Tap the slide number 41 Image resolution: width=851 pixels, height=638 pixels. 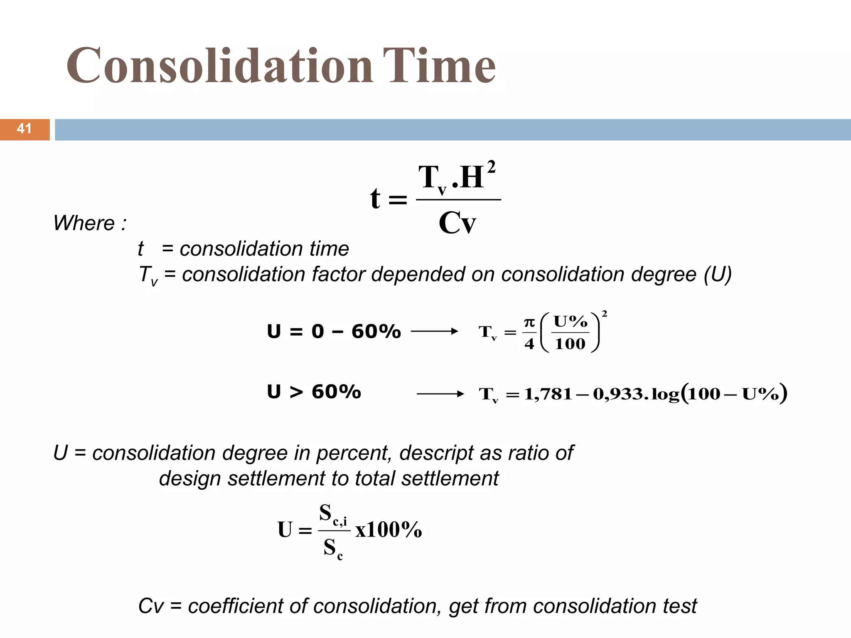pyautogui.click(x=24, y=129)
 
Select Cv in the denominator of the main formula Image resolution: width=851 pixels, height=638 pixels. pyautogui.click(x=457, y=223)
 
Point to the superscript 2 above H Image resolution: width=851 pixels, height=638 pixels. pyautogui.click(x=491, y=167)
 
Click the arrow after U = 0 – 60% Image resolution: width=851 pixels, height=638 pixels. pyautogui.click(x=434, y=331)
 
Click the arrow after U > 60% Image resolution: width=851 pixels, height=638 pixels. pyautogui.click(x=440, y=394)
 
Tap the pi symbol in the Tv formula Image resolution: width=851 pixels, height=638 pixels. pyautogui.click(x=529, y=322)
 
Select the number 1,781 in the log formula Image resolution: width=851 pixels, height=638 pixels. pyautogui.click(x=548, y=394)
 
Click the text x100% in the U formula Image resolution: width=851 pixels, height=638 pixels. pyautogui.click(x=389, y=530)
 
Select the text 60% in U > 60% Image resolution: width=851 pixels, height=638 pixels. pyautogui.click(x=336, y=392)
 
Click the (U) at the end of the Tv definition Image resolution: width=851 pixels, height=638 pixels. pyautogui.click(x=718, y=275)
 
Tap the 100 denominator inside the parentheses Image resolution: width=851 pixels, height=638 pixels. pyautogui.click(x=570, y=344)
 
